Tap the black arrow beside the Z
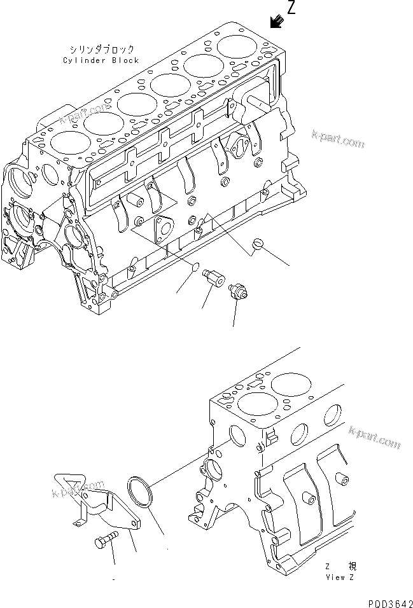point(276,22)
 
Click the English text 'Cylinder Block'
point(101,60)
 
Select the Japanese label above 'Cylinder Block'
point(101,49)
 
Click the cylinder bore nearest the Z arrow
point(239,46)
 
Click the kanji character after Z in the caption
point(351,566)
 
